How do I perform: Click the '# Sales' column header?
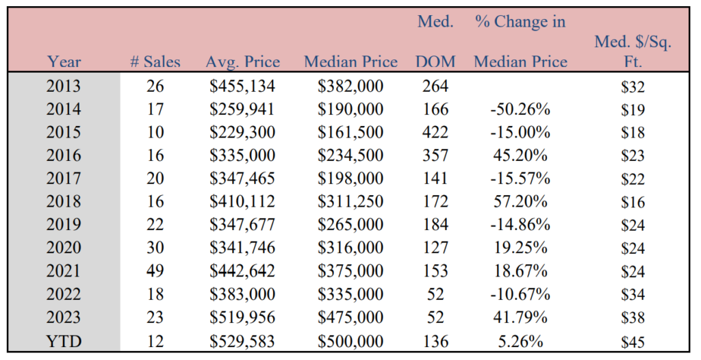(155, 62)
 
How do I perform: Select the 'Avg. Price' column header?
(243, 62)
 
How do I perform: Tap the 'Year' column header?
(64, 62)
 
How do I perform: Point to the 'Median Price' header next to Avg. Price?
(350, 62)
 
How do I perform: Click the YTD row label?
(64, 342)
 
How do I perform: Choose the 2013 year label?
(64, 86)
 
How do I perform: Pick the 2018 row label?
(64, 201)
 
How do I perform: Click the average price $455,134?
(242, 86)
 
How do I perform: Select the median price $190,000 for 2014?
(350, 109)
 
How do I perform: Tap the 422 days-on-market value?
(435, 132)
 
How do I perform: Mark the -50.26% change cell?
(520, 109)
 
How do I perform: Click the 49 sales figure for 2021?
(155, 271)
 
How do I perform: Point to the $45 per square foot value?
(633, 342)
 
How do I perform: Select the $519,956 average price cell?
(242, 318)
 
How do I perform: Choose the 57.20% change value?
(520, 201)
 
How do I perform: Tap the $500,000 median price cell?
(350, 342)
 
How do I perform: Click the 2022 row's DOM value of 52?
(435, 294)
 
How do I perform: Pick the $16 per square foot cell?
(633, 202)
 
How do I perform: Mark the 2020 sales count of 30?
(155, 248)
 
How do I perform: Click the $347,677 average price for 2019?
(242, 224)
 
